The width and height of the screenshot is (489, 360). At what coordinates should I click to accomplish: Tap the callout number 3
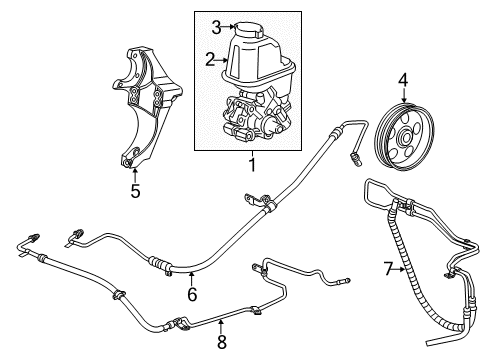pyautogui.click(x=215, y=27)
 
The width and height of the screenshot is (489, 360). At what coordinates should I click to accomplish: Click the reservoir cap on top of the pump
pyautogui.click(x=248, y=29)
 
